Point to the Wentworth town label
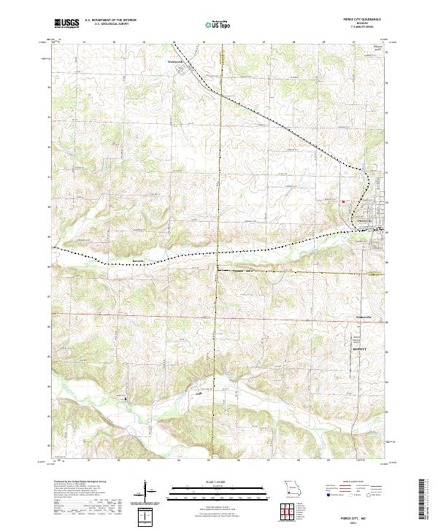176,61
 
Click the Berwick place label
139,259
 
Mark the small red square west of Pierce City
344,202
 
